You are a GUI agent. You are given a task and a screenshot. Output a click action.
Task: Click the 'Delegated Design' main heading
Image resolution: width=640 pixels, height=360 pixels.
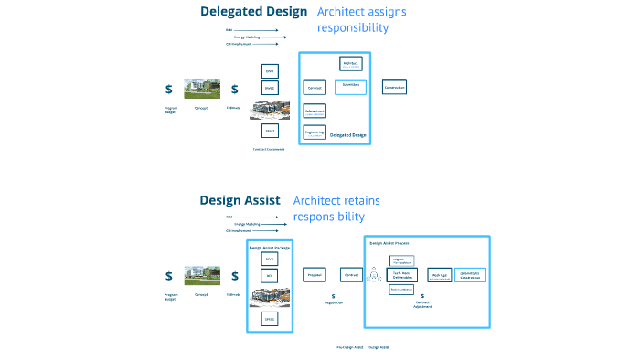pyautogui.click(x=254, y=12)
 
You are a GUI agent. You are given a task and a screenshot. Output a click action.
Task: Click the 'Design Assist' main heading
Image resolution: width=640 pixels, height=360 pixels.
pyautogui.click(x=240, y=200)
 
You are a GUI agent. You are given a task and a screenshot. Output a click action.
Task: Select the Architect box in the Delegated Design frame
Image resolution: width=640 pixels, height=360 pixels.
pyautogui.click(x=349, y=64)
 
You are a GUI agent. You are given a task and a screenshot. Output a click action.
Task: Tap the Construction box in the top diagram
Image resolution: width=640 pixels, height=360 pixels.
pyautogui.click(x=394, y=87)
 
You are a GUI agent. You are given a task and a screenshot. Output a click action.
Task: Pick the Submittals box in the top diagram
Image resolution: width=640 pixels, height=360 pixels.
pyautogui.click(x=349, y=87)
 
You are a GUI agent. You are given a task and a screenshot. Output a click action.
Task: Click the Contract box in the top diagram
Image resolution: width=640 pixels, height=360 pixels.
pyautogui.click(x=314, y=88)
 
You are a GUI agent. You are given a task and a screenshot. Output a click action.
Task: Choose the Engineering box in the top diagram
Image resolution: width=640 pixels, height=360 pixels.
pyautogui.click(x=315, y=132)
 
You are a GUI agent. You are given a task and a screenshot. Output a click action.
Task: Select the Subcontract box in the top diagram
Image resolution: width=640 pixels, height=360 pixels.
pyautogui.click(x=315, y=111)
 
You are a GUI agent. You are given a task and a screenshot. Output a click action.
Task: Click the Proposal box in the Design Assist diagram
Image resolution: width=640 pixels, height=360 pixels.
pyautogui.click(x=314, y=274)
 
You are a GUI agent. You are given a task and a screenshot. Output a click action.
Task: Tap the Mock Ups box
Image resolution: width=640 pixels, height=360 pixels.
pyautogui.click(x=439, y=274)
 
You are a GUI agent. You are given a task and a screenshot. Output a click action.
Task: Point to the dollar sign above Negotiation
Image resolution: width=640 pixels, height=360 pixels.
pyautogui.click(x=334, y=296)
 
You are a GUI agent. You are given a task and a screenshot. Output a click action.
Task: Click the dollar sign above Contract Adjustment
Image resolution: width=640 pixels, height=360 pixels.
pyautogui.click(x=422, y=297)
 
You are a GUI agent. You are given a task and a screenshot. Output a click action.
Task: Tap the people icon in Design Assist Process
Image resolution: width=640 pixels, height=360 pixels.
pyautogui.click(x=375, y=274)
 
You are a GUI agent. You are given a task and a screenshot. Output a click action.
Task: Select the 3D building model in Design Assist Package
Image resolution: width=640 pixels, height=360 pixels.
pyautogui.click(x=270, y=295)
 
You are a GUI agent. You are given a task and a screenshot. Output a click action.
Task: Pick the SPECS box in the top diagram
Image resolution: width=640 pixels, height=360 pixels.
pyautogui.click(x=270, y=131)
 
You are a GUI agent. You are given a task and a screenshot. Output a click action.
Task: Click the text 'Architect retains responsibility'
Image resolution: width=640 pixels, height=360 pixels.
pyautogui.click(x=336, y=208)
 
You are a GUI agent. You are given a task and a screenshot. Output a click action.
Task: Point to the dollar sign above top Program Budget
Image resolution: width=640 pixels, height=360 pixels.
pyautogui.click(x=169, y=89)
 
